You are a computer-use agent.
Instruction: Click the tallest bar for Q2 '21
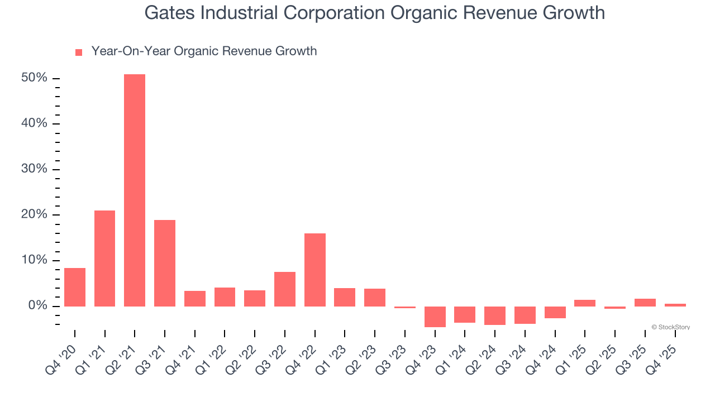point(135,190)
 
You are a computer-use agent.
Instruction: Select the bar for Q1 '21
point(104,258)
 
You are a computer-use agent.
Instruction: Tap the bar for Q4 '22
point(315,270)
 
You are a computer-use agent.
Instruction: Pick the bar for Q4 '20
point(75,287)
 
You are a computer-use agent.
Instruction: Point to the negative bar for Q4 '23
point(435,317)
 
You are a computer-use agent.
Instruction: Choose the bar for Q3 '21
point(165,263)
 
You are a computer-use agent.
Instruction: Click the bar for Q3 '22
point(285,289)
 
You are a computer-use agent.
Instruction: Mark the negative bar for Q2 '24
point(495,315)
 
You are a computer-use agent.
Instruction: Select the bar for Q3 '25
point(645,303)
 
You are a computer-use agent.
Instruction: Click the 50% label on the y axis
point(34,78)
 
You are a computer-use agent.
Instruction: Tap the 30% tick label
point(34,169)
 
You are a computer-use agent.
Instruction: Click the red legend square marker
point(79,52)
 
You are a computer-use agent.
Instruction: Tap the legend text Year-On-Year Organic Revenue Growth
point(204,51)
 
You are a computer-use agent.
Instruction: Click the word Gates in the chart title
point(168,12)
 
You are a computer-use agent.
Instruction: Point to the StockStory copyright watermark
point(670,327)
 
